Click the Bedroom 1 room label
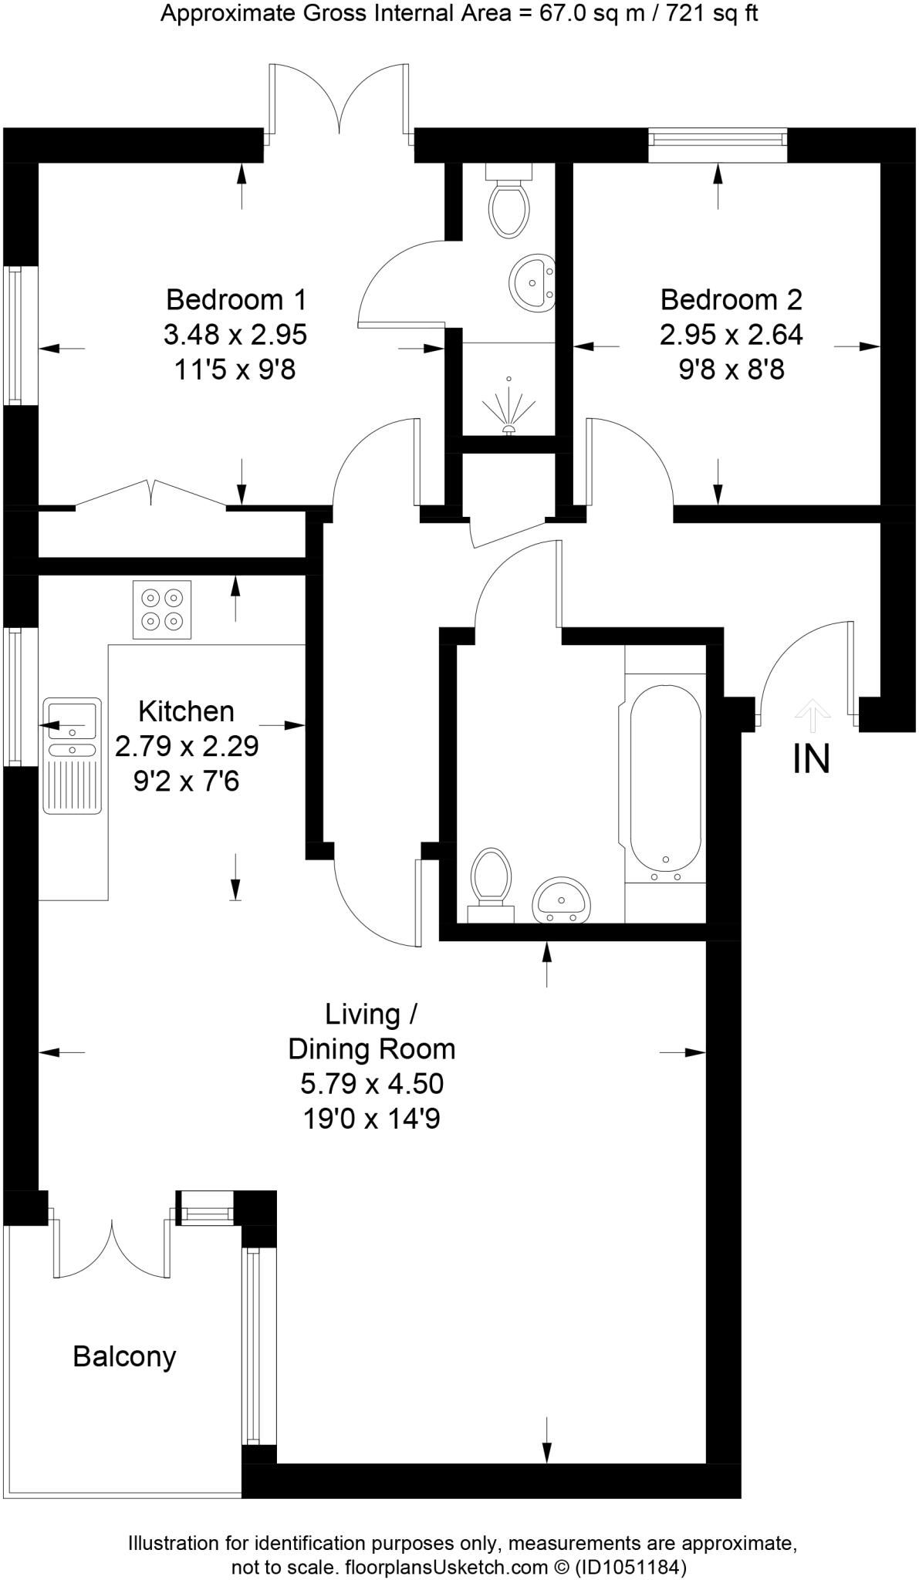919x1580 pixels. [236, 299]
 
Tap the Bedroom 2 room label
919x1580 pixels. [731, 299]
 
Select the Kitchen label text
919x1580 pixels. [186, 711]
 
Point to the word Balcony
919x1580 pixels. [124, 1355]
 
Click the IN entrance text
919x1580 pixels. [811, 760]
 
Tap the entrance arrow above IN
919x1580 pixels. [811, 714]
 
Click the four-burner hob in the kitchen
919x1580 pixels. [162, 609]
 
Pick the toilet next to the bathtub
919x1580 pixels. [492, 879]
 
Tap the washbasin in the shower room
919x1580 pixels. [532, 283]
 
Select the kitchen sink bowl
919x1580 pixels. [72, 719]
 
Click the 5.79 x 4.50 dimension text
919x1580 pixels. [372, 1083]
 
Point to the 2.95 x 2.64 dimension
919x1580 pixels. [731, 335]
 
